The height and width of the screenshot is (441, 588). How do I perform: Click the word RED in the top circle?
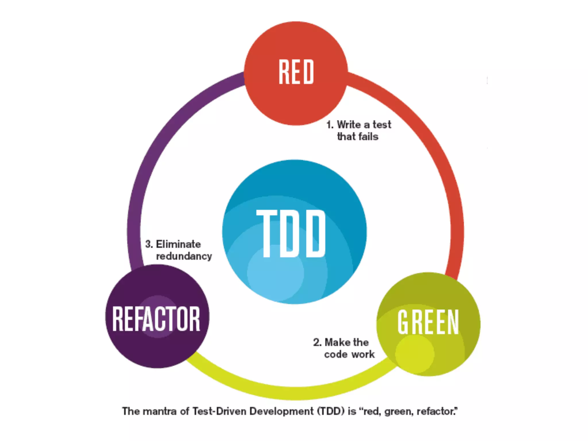[296, 72]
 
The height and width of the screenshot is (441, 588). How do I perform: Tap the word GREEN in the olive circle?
[428, 322]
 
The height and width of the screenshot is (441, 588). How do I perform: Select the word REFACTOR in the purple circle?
[156, 319]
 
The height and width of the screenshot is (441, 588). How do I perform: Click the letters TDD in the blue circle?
[291, 233]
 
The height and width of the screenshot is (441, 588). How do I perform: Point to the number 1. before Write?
[330, 125]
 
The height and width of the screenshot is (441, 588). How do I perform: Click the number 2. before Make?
[317, 342]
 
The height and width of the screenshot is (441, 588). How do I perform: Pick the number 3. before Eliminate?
[149, 244]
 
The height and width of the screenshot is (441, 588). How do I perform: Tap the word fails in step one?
[369, 137]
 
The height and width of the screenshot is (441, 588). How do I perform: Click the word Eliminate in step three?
[178, 244]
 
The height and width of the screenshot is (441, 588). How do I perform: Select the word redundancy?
[184, 256]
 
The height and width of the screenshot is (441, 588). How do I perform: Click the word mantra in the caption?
[159, 411]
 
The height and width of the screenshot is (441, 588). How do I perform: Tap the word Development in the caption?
[281, 411]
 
